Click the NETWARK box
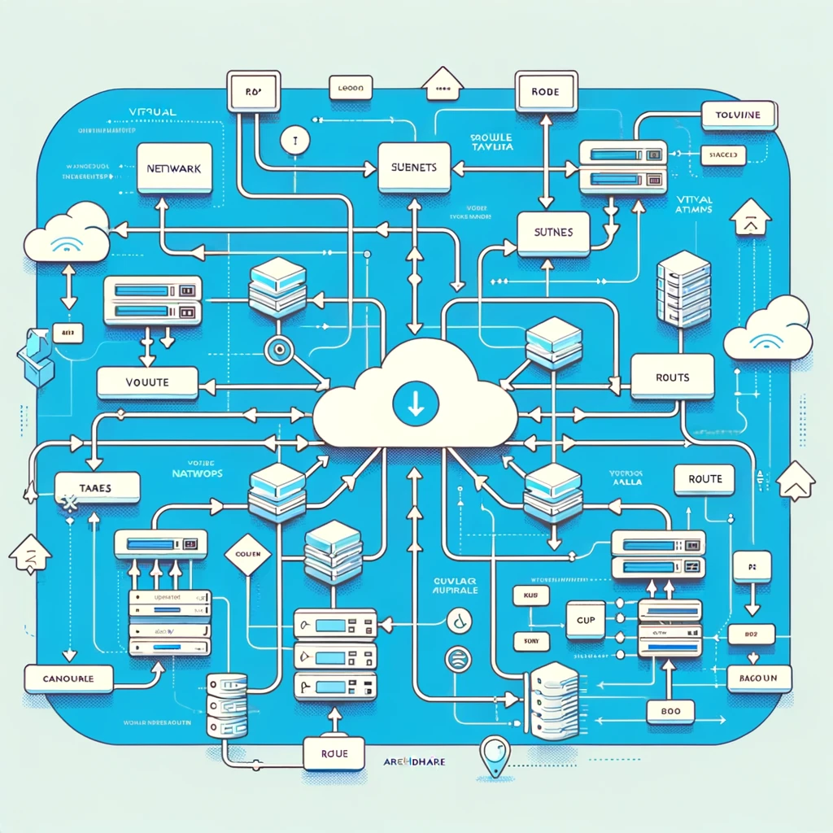(174, 168)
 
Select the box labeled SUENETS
(413, 167)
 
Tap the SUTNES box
(552, 233)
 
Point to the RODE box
(545, 92)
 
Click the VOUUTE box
(147, 382)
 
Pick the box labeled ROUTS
(673, 377)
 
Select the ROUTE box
(704, 479)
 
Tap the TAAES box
(97, 486)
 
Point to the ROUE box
(335, 754)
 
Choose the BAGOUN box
(753, 678)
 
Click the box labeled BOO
(672, 711)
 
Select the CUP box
(585, 621)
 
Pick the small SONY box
(521, 642)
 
